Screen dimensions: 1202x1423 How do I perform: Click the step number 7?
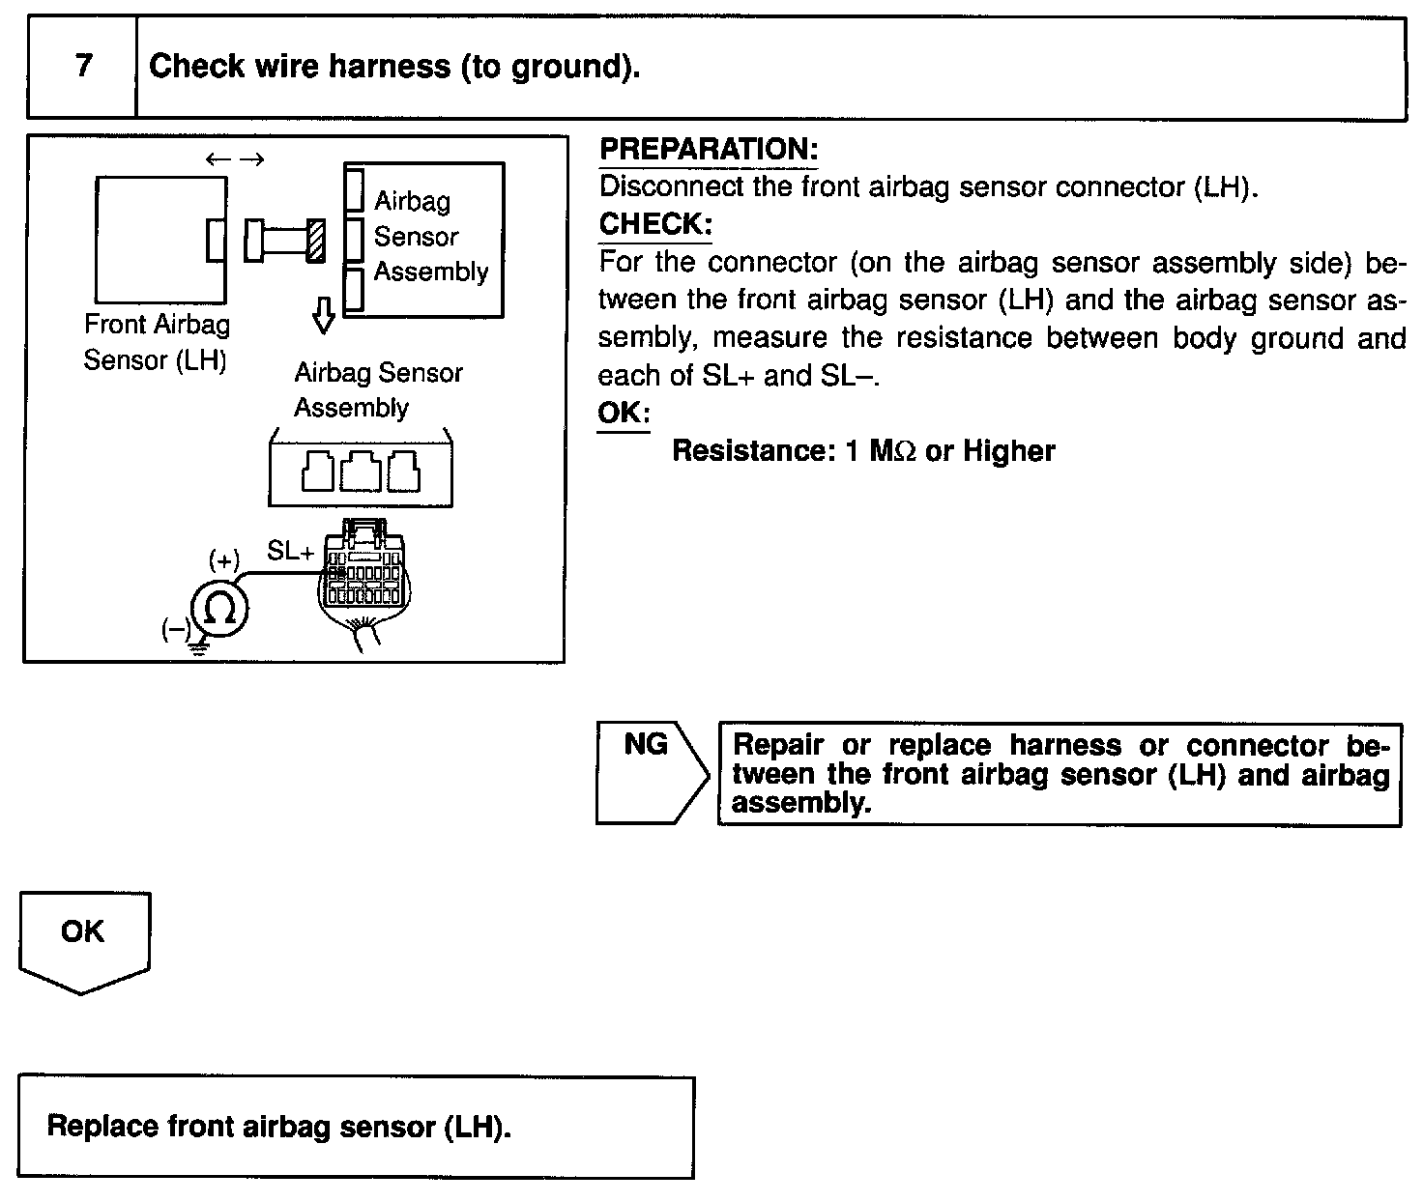(x=83, y=66)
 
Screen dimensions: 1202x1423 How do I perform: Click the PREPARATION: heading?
(x=709, y=150)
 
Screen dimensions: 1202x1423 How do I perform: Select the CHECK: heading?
(x=655, y=224)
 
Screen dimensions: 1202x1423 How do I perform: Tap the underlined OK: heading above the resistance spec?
(x=624, y=414)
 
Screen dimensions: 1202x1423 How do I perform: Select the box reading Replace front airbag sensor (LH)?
(x=356, y=1127)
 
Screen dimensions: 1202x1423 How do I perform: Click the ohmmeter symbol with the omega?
(x=219, y=609)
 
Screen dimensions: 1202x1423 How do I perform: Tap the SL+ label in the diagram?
(x=291, y=552)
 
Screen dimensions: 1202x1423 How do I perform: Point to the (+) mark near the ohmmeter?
(x=224, y=560)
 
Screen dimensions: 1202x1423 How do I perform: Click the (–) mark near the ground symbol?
(x=176, y=630)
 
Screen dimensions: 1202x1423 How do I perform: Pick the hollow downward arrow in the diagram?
(x=325, y=315)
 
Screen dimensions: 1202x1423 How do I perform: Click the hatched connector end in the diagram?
(x=315, y=241)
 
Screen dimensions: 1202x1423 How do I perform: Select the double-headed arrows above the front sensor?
(x=235, y=160)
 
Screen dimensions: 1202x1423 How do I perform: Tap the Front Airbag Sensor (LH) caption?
(x=156, y=342)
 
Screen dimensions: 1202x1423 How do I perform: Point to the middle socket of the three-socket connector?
(x=360, y=472)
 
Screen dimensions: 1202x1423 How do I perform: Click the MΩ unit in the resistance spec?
(x=891, y=451)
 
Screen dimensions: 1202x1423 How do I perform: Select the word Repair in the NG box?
(x=778, y=746)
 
